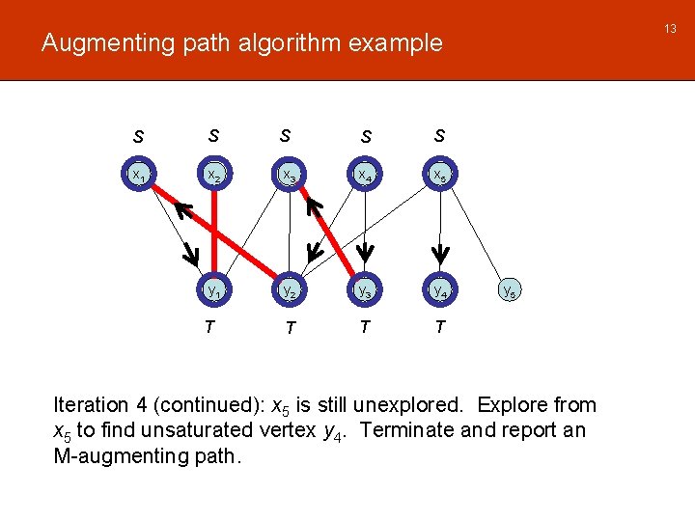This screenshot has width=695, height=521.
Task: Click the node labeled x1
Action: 139,176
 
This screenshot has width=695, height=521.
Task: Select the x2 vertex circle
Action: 213,176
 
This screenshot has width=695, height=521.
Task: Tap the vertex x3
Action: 289,176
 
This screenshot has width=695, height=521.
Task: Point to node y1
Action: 213,288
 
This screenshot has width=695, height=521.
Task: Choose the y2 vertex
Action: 289,288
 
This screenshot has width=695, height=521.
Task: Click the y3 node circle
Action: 365,288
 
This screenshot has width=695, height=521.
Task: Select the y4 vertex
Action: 440,288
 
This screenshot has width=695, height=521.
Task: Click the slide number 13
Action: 670,30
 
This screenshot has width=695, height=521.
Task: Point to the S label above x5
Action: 440,136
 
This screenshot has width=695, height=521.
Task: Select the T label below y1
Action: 209,327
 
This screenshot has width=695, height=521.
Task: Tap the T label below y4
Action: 440,327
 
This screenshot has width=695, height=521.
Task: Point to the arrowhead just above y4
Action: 440,255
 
